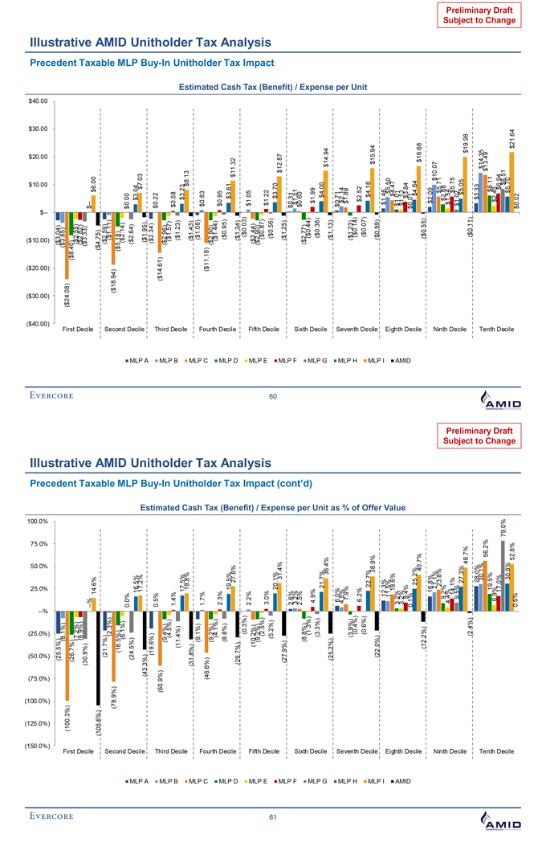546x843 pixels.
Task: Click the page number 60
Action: (272, 396)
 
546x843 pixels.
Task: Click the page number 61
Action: (272, 817)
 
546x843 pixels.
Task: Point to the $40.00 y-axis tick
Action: (39, 100)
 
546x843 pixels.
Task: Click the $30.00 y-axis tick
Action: (39, 129)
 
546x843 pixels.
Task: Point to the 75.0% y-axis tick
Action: (39, 544)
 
